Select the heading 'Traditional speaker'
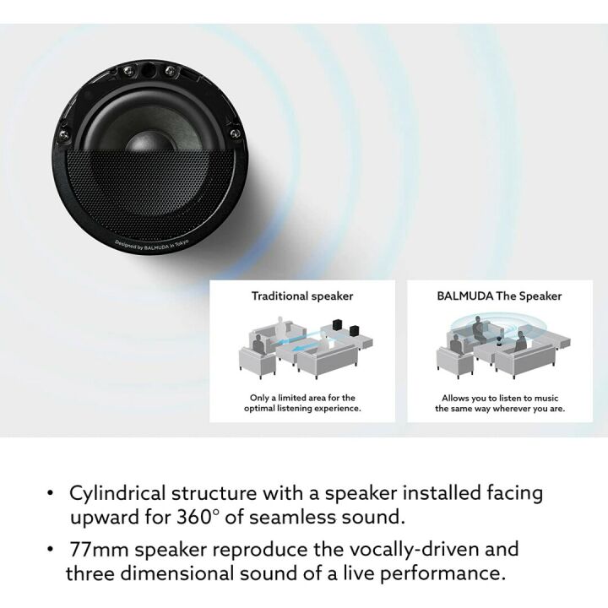tap(301, 296)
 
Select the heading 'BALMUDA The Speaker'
tap(499, 296)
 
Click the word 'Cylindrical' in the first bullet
tap(122, 492)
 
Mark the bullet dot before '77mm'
tap(52, 551)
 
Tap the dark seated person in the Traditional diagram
tap(281, 326)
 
